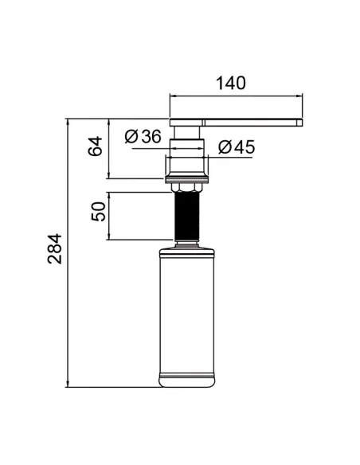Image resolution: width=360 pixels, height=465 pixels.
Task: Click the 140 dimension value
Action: (x=231, y=84)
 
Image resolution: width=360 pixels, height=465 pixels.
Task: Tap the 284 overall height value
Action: (x=55, y=248)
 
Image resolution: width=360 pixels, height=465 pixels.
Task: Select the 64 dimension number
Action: (x=96, y=146)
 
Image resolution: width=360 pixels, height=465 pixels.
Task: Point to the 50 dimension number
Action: (x=99, y=212)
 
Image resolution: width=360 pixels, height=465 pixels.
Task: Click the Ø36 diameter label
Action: (x=143, y=137)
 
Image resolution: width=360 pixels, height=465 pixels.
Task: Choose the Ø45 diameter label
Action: (x=237, y=147)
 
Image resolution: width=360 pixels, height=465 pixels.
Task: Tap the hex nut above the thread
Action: (x=187, y=188)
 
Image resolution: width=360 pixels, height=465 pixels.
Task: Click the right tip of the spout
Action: (x=302, y=123)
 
